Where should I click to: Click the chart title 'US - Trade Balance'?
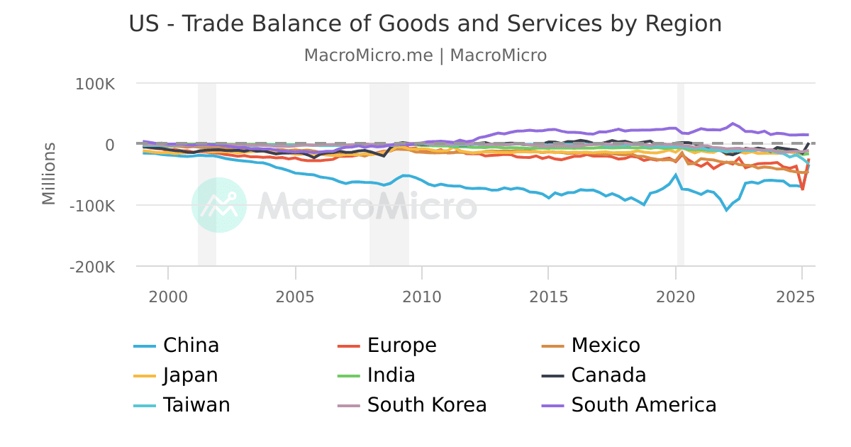(x=425, y=23)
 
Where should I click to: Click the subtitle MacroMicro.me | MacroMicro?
(x=425, y=55)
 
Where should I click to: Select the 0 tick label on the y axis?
(x=109, y=145)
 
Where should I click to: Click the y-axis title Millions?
(x=48, y=174)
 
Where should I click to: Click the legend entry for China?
(x=190, y=346)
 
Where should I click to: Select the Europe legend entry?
(x=401, y=346)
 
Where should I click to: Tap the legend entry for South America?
(x=643, y=405)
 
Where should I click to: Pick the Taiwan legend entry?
(x=196, y=405)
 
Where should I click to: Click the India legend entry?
(x=391, y=375)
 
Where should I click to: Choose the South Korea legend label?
(x=426, y=405)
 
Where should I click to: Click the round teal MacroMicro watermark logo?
(x=219, y=205)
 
